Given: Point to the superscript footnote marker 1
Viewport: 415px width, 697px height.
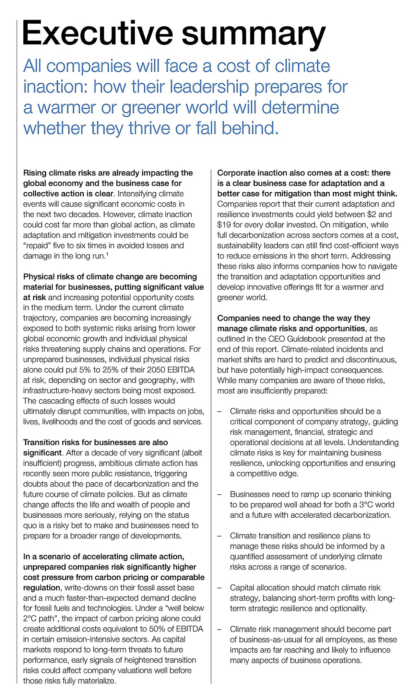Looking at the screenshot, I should (107, 254).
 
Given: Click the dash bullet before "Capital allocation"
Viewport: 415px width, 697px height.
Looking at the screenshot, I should (219, 588).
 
